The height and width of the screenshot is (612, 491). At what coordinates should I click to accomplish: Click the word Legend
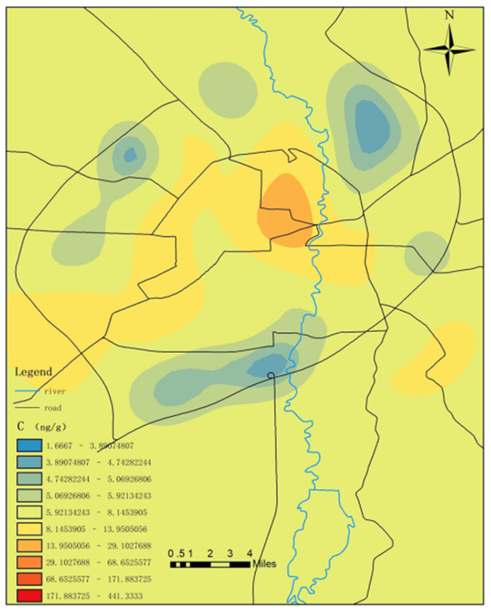click(x=34, y=372)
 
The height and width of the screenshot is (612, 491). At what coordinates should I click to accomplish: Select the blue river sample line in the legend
click(x=27, y=391)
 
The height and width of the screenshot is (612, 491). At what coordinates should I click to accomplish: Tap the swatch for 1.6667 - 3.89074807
click(x=29, y=445)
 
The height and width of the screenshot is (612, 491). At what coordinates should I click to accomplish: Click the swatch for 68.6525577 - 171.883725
click(x=29, y=579)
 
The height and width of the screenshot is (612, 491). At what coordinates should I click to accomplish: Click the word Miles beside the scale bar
click(x=264, y=564)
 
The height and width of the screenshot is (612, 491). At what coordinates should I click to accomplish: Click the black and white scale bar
click(x=210, y=564)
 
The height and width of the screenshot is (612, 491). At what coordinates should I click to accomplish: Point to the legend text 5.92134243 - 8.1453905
click(x=96, y=512)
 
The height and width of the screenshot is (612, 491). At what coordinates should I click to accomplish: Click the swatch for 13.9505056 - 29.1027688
click(x=29, y=546)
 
